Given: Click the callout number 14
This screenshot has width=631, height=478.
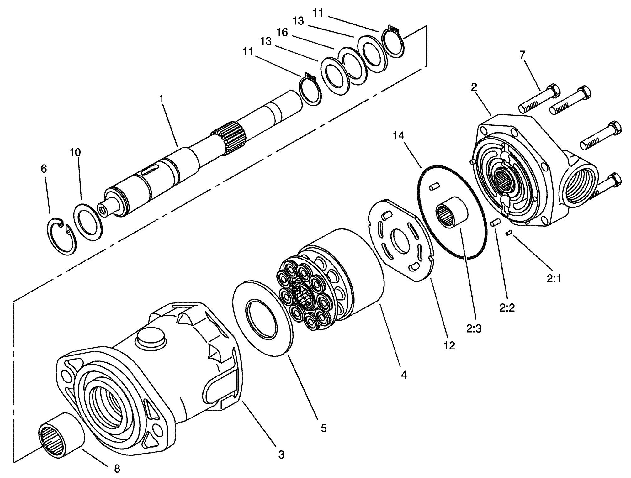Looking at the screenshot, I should [x=399, y=136].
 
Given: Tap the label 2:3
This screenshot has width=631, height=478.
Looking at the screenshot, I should [x=474, y=328].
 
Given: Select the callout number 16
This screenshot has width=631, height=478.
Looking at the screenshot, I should [x=282, y=32].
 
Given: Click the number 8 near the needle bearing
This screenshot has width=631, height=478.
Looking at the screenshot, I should [x=117, y=469].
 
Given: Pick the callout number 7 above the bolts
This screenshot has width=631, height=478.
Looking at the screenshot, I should [x=522, y=55].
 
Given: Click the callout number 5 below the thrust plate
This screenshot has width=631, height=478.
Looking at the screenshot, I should [x=323, y=428].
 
